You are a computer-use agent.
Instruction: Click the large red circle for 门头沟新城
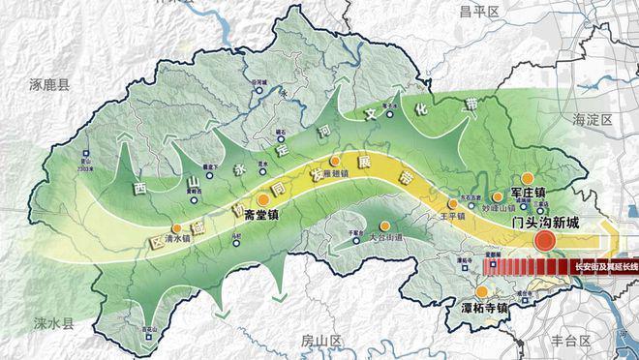[545, 241]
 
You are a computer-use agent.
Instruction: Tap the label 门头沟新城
[546, 223]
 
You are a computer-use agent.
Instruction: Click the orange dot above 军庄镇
[528, 178]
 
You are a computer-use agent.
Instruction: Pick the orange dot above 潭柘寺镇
[481, 264]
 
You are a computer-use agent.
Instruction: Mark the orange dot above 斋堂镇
[263, 198]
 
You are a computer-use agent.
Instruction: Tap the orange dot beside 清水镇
[176, 228]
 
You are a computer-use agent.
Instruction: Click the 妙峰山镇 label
[486, 206]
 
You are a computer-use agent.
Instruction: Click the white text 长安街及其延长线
[605, 265]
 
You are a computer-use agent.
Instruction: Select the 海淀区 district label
[593, 119]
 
